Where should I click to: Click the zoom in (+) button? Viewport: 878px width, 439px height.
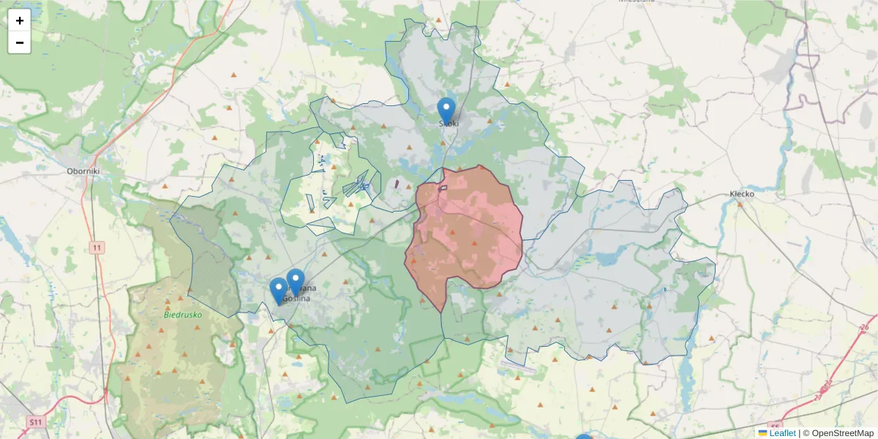click(20, 20)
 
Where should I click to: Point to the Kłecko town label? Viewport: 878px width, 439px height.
click(742, 194)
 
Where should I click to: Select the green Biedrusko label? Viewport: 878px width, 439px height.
click(182, 315)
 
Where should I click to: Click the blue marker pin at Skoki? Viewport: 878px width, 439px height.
click(446, 111)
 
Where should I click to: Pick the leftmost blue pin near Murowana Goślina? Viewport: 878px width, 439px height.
click(279, 290)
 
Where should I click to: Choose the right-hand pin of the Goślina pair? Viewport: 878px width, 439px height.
click(296, 282)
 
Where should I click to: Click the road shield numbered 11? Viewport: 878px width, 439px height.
click(97, 248)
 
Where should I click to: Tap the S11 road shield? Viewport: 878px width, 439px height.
click(35, 422)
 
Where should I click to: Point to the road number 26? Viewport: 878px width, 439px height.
click(865, 327)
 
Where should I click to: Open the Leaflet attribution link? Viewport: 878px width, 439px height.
click(782, 433)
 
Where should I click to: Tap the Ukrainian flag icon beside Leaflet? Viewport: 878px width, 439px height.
click(762, 433)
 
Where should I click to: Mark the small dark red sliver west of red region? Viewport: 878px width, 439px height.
click(397, 184)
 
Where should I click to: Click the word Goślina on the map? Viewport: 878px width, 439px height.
click(298, 299)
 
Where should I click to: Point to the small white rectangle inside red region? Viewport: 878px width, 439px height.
click(443, 188)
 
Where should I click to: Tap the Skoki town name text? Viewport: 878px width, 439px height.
click(449, 124)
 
